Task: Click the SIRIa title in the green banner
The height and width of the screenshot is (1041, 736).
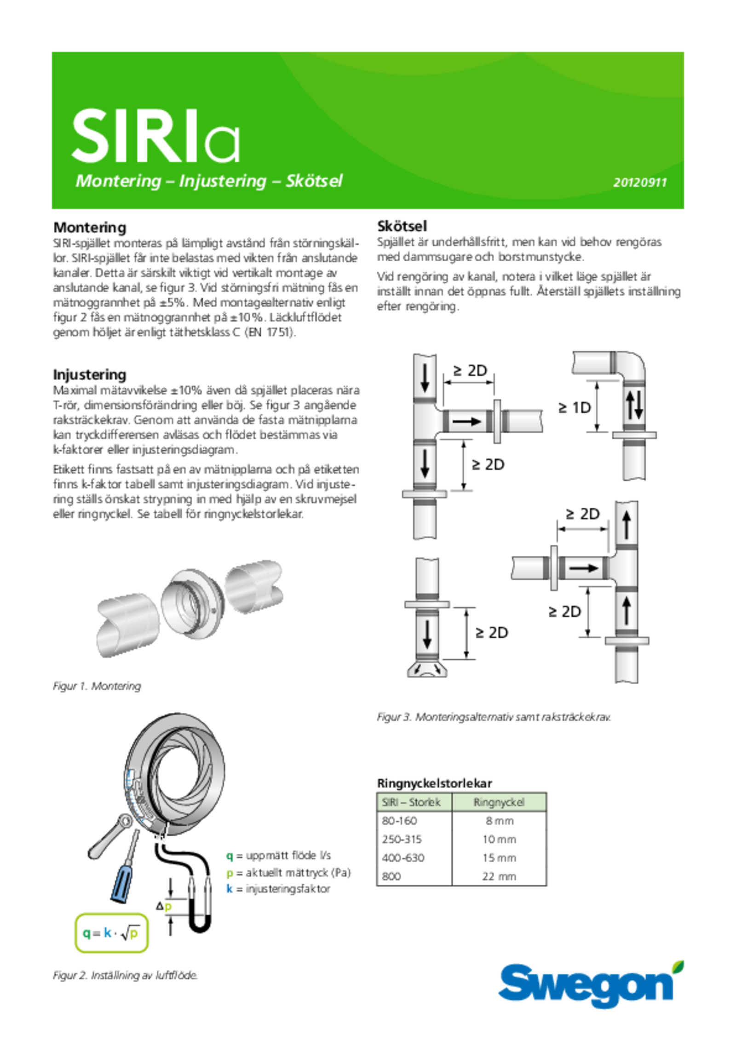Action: (155, 136)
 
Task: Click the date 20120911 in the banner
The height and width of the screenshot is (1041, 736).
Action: (639, 183)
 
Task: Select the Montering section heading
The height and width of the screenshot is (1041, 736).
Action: (90, 227)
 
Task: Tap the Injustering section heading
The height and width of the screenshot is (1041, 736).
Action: (90, 375)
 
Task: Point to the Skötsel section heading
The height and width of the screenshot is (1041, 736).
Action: (402, 226)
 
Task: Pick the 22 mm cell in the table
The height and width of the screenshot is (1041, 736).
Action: (499, 876)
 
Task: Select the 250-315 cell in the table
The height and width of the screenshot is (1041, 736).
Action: (402, 839)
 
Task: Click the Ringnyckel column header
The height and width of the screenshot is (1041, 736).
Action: (499, 802)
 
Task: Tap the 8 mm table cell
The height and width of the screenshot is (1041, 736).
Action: (499, 821)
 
